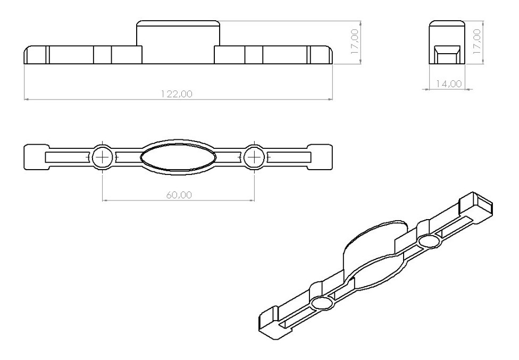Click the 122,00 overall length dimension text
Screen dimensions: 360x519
point(177,94)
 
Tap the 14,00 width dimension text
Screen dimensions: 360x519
point(449,84)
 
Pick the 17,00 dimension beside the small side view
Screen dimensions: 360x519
point(477,42)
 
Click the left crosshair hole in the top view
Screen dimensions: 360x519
point(102,157)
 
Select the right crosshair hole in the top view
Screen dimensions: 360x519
point(255,157)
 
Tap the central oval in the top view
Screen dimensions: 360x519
point(178,157)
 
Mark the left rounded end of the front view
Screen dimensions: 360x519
point(31,55)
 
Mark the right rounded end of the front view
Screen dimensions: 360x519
point(325,55)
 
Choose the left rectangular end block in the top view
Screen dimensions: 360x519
point(36,157)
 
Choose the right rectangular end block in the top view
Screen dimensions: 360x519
point(321,157)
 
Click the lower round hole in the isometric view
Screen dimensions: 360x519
point(321,303)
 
